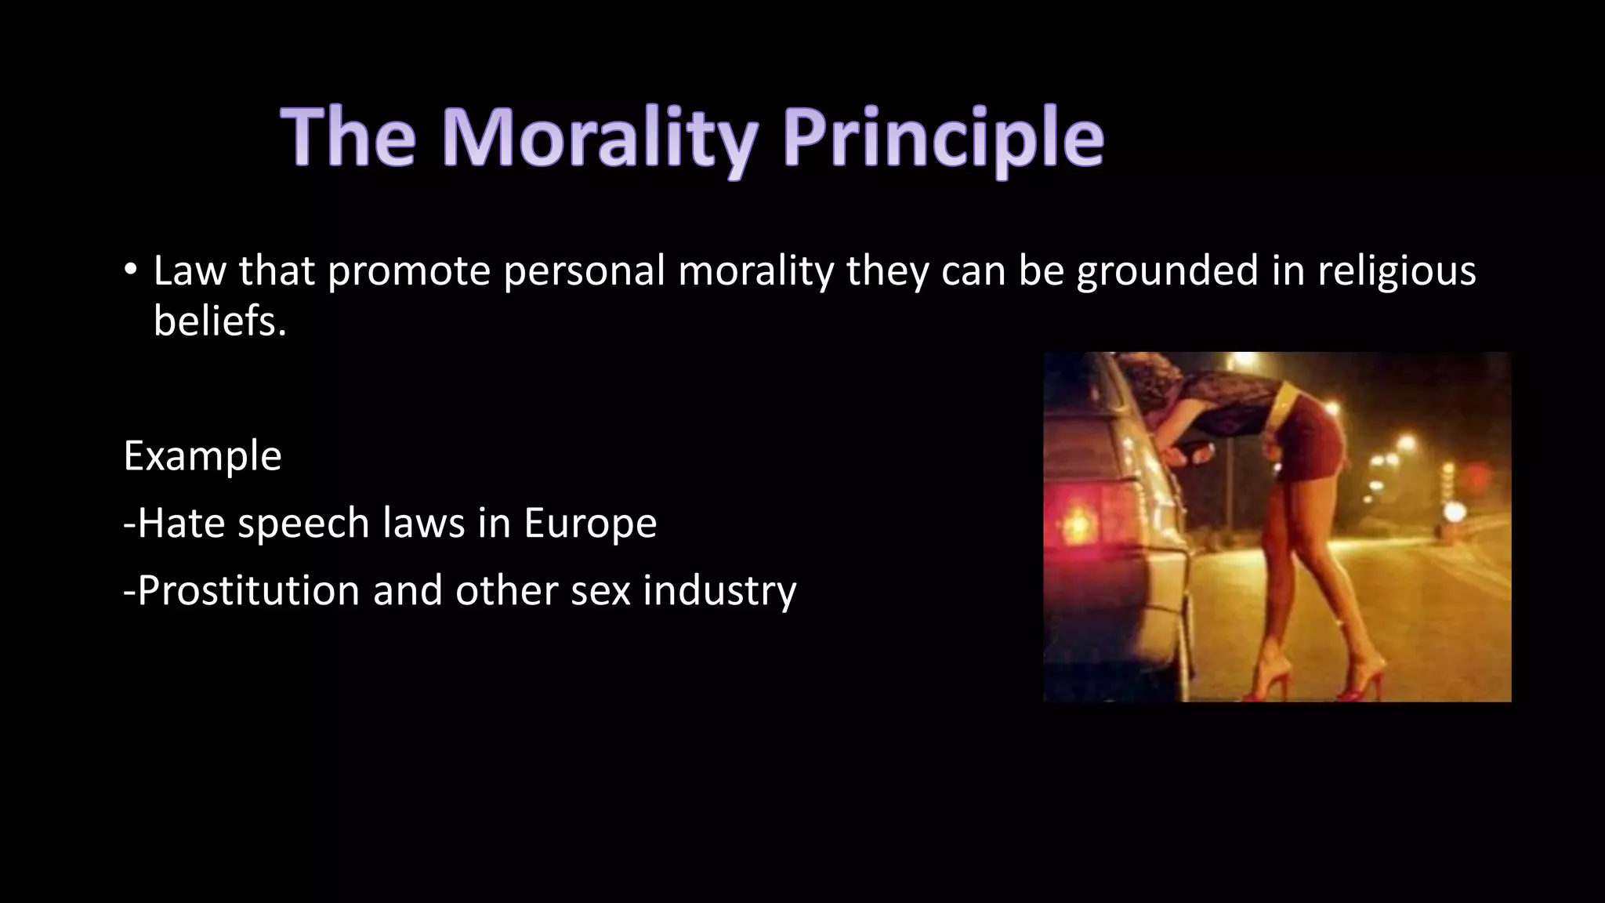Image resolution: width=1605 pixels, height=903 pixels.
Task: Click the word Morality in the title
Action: pyautogui.click(x=600, y=140)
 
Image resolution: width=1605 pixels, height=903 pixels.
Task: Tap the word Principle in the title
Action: pyautogui.click(x=943, y=140)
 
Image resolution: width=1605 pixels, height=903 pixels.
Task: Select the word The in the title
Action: pyautogui.click(x=348, y=140)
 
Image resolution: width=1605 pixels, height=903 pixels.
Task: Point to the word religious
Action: pyautogui.click(x=1397, y=272)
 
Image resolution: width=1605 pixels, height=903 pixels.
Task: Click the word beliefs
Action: pyautogui.click(x=219, y=321)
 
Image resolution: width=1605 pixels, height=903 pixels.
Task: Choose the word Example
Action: pyautogui.click(x=202, y=456)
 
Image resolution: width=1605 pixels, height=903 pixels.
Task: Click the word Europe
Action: pyautogui.click(x=590, y=524)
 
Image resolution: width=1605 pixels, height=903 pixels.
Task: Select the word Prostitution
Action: pyautogui.click(x=248, y=590)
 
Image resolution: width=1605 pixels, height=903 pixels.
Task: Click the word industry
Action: pyautogui.click(x=719, y=590)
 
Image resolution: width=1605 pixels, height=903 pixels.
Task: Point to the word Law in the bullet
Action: pyautogui.click(x=189, y=272)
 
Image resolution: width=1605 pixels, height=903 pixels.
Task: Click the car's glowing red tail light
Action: pyautogui.click(x=1080, y=519)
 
